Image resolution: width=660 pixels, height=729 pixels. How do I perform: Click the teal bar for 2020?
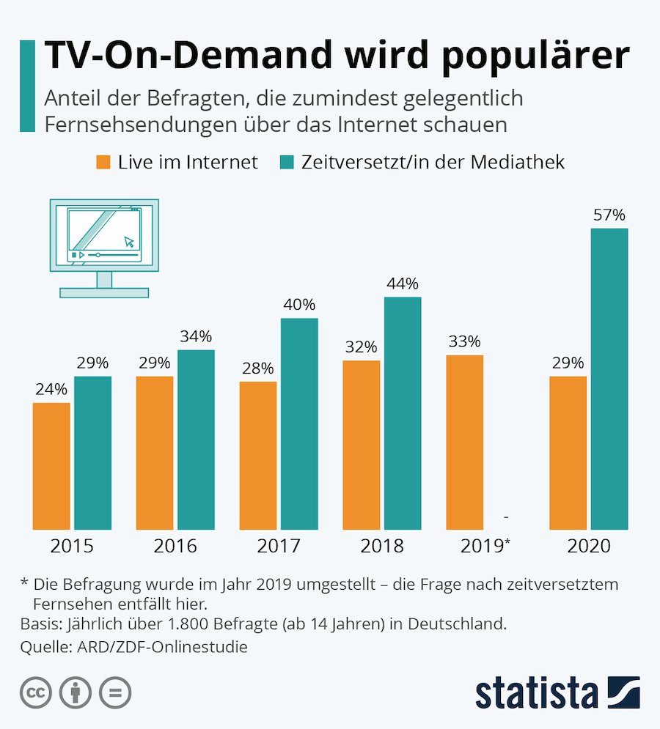pos(609,379)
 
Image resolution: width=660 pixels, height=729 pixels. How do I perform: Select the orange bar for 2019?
pos(465,442)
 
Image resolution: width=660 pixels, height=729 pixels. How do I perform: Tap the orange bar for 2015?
pos(51,466)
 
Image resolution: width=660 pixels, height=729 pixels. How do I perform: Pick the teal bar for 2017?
pos(299,423)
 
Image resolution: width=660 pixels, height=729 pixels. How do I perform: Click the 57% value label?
pos(609,215)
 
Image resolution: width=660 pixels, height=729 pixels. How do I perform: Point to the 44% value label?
pos(403,284)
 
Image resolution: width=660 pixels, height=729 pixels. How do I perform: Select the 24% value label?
pos(51,389)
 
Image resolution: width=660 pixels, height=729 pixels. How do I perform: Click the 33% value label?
pos(465,341)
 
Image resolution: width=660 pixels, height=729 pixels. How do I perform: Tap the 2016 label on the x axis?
pos(175,547)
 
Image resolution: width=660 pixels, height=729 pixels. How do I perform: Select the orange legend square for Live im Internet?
pos(103,162)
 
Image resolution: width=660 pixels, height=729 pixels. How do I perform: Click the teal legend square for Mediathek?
pos(287,162)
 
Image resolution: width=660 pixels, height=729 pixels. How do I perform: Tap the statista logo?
pos(557,692)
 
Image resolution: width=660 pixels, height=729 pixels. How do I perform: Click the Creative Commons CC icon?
pos(35,693)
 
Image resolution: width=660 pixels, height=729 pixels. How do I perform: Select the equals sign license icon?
pos(114,693)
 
